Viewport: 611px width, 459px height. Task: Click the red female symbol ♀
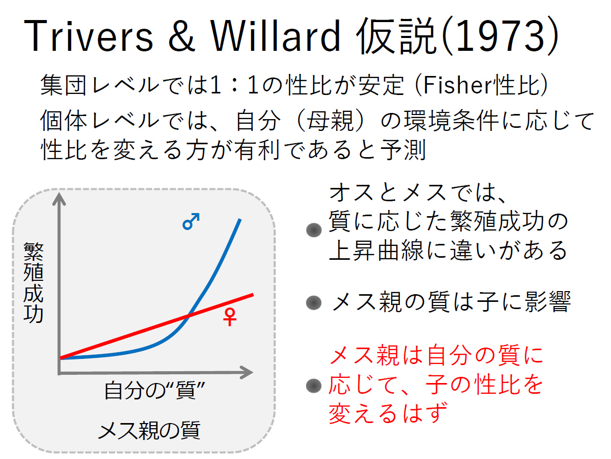tap(230, 316)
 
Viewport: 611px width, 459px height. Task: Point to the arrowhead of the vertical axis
tap(59, 198)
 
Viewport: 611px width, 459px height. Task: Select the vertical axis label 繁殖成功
tap(33, 282)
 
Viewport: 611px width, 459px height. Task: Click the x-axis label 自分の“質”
tap(154, 390)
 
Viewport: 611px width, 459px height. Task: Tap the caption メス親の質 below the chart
tap(149, 431)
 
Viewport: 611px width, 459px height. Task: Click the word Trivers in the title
tap(89, 35)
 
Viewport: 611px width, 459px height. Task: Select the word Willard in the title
tap(275, 35)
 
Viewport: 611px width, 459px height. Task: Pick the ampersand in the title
tap(181, 35)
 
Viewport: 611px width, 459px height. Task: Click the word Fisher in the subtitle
tap(457, 85)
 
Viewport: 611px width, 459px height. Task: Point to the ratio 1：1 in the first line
tap(234, 85)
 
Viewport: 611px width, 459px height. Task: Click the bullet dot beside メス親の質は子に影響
tap(314, 303)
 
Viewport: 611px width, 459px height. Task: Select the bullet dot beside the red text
tap(314, 386)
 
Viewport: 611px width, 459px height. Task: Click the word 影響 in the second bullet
tap(547, 302)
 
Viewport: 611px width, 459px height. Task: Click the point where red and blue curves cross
tap(189, 315)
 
